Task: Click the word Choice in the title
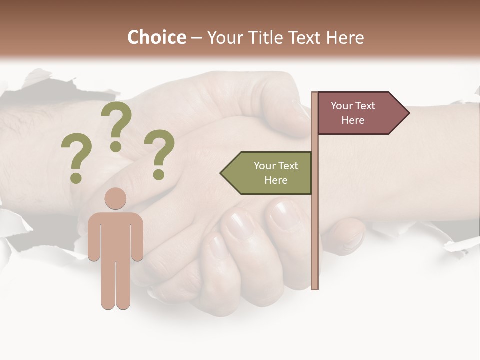point(156,38)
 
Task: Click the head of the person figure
point(115,198)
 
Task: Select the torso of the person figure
point(115,235)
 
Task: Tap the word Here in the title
point(345,38)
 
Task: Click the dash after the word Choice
point(196,38)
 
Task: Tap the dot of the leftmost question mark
point(76,178)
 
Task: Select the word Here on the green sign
point(276,180)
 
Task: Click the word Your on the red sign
point(342,106)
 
